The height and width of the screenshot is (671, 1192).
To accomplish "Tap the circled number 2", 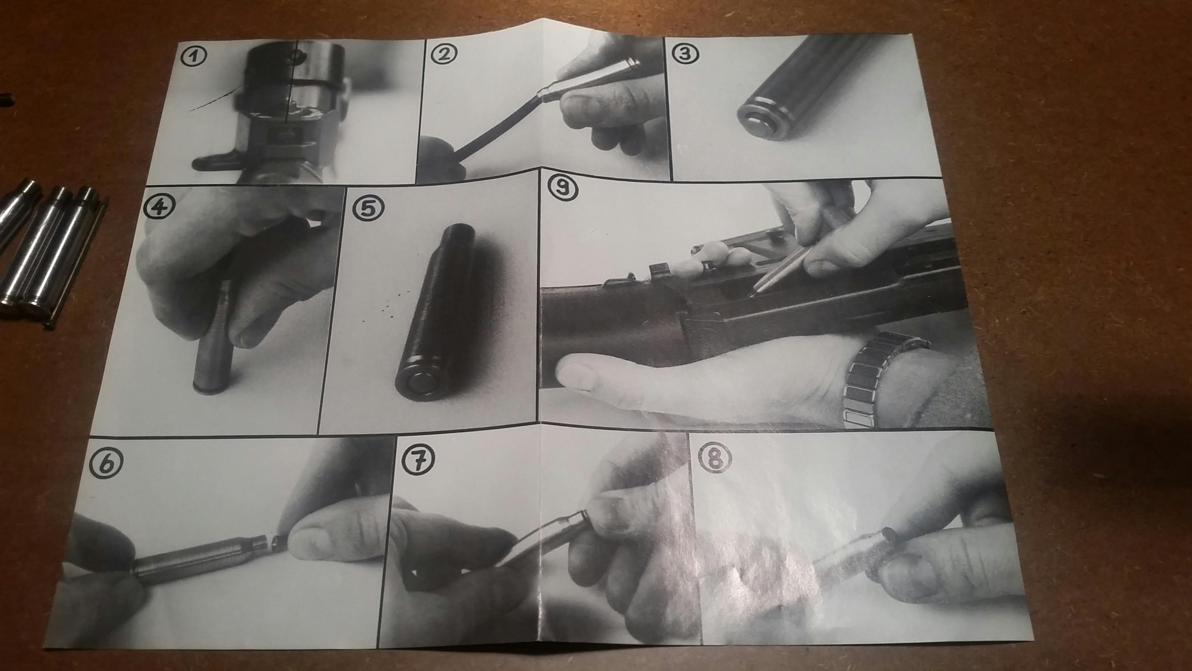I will (443, 54).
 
